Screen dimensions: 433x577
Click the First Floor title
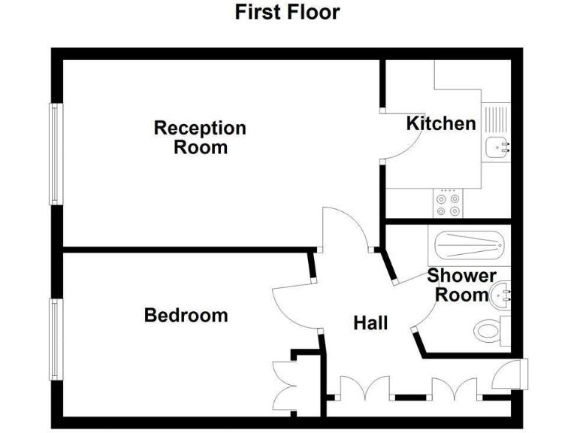287,13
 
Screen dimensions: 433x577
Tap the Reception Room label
200,137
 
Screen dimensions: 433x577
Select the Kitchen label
441,123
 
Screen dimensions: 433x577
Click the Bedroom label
186,315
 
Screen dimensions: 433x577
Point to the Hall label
370,323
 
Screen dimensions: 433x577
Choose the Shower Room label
461,286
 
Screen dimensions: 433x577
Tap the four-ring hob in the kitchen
449,200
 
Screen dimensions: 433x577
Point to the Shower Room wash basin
501,292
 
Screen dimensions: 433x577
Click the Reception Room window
54,154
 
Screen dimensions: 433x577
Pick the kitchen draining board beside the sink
496,120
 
